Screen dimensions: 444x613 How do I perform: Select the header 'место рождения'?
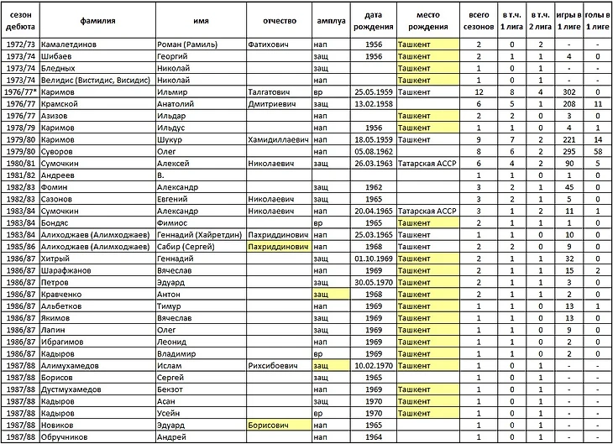427,21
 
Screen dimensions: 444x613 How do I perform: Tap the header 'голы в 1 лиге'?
597,21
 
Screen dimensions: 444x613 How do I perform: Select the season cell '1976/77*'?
19,91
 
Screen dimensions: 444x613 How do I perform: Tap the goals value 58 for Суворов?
597,151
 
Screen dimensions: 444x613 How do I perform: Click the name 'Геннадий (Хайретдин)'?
199,235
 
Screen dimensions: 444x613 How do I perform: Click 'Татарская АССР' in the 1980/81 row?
428,163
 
